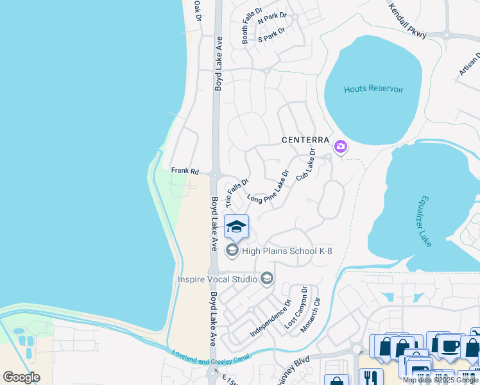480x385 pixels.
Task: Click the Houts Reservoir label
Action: [373, 89]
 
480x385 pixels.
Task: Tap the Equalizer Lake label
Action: [425, 221]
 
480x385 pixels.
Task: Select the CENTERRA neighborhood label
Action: [305, 140]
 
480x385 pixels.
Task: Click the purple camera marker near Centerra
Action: [341, 148]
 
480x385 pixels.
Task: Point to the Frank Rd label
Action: [185, 171]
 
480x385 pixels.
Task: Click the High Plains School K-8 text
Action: [287, 251]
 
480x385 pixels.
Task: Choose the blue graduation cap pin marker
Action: [236, 227]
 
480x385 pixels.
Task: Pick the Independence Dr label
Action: [270, 318]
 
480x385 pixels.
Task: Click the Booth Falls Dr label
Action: [252, 26]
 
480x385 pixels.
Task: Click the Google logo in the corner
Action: [21, 377]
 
